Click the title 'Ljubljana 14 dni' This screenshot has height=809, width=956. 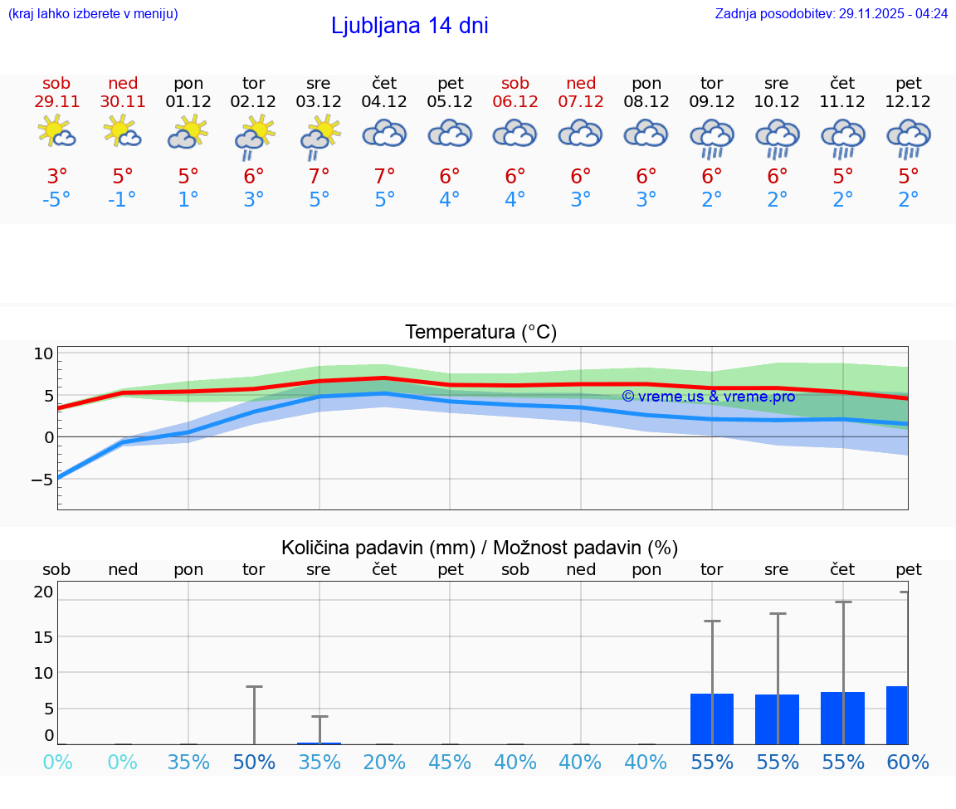click(409, 26)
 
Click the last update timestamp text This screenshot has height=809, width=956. click(831, 14)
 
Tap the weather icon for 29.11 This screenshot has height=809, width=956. click(56, 133)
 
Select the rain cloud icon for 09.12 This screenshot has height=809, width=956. click(711, 139)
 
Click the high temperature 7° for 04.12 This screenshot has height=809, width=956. click(384, 177)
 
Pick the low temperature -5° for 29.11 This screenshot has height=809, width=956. click(56, 200)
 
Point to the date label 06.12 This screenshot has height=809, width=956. click(515, 102)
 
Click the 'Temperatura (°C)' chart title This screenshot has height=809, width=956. click(480, 333)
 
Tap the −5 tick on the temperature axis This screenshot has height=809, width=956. click(42, 480)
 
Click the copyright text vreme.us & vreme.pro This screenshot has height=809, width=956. click(708, 397)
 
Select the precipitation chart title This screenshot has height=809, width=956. click(480, 548)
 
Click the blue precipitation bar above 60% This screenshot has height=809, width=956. click(897, 715)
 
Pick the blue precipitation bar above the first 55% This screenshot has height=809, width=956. click(712, 719)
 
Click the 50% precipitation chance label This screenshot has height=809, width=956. click(254, 763)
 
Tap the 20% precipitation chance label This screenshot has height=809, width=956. click(384, 763)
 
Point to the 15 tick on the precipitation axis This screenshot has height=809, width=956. click(43, 636)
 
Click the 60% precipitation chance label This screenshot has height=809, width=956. click(908, 763)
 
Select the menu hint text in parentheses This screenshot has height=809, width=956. click(92, 14)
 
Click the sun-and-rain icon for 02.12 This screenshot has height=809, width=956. click(254, 139)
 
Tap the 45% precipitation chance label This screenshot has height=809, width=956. click(450, 763)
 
